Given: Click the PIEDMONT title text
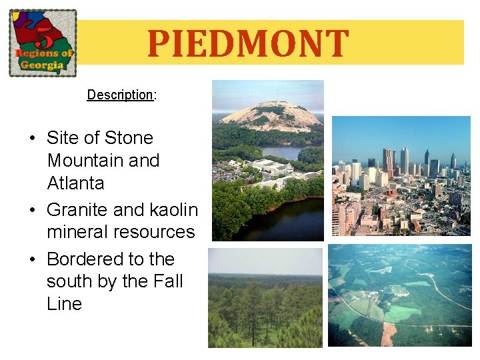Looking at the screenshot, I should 247,44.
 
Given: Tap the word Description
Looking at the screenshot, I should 120,95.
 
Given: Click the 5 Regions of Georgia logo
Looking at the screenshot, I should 43,43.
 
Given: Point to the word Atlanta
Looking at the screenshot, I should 76,183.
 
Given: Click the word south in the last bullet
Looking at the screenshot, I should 69,281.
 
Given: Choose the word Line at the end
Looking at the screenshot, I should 64,304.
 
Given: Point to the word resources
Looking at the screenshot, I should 154,232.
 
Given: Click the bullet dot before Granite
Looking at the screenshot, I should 32,211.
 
